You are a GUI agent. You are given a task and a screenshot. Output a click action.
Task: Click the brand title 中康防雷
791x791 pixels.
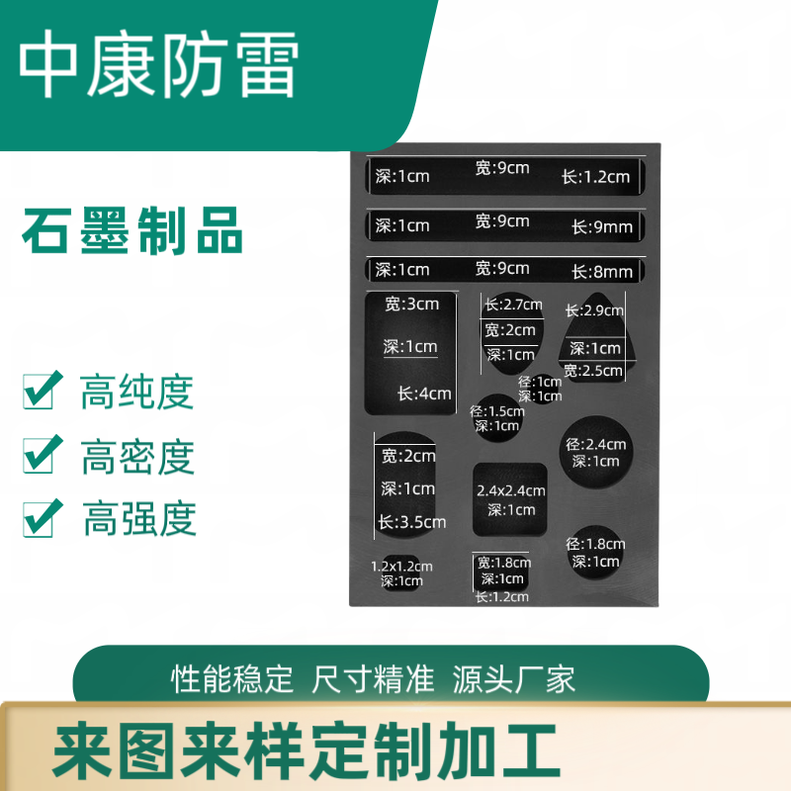pos(159,63)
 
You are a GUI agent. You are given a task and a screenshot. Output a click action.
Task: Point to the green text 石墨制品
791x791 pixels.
pos(132,230)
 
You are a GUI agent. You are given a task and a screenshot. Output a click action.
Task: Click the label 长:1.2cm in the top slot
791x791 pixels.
pos(596,177)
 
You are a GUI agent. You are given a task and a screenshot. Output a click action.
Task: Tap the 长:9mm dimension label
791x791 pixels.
pos(602,227)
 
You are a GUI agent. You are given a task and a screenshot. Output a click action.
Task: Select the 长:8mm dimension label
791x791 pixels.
pos(602,272)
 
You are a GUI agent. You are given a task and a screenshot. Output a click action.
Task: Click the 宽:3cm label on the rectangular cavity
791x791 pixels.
pos(411,304)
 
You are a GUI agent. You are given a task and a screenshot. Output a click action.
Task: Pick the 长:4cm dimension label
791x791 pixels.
pos(424,393)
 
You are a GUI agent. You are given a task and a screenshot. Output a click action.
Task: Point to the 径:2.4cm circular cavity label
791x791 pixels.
pos(596,444)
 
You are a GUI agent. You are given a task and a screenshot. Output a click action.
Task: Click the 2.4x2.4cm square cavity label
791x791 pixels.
pos(511,490)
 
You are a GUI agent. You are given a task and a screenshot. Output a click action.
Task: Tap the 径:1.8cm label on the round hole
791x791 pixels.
pos(596,544)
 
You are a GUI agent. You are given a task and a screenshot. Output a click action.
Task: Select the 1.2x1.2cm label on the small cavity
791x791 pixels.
pos(401,567)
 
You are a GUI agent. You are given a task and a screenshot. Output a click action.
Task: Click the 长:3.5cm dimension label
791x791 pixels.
pos(412,522)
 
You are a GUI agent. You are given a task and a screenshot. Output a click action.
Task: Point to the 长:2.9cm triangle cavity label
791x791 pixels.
pos(594,310)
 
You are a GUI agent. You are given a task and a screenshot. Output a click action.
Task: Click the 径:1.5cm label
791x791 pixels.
pos(497,411)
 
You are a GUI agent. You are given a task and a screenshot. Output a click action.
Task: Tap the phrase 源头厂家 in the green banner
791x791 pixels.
pos(513,679)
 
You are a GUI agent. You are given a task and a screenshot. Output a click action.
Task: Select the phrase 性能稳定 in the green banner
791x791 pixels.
pos(232,679)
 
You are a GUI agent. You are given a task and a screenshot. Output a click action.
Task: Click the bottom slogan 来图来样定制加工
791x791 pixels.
pos(307,750)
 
